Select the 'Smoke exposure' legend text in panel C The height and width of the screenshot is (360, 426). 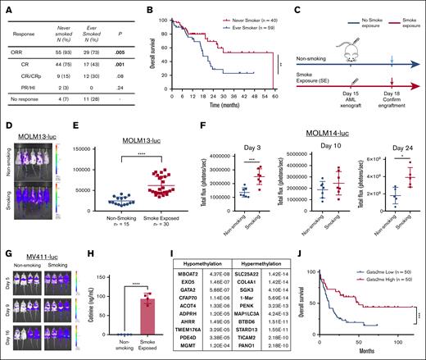point(402,16)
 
